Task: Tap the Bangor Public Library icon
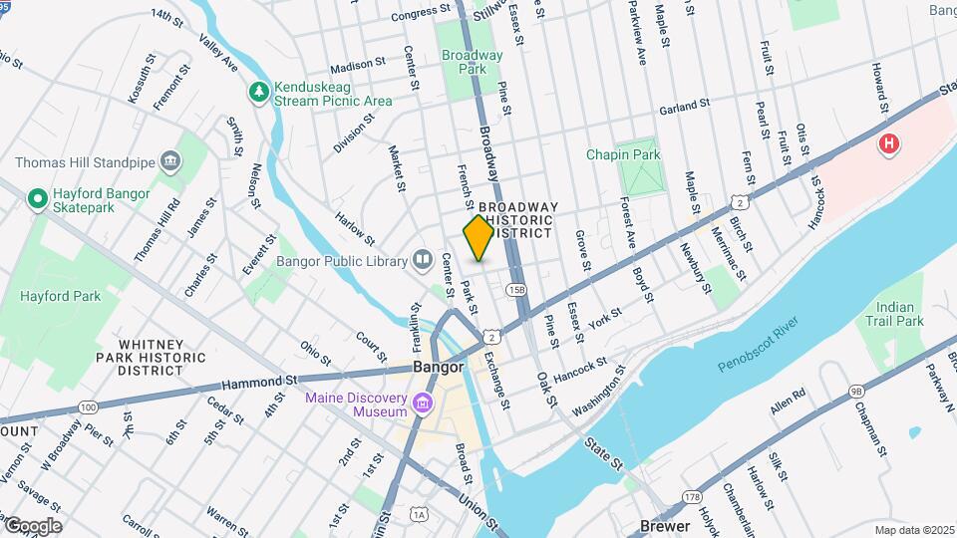[x=423, y=260]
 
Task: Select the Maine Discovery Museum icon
[x=423, y=404]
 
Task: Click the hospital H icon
[x=888, y=145]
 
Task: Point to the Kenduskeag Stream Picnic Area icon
[x=259, y=92]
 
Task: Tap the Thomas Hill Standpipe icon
[x=170, y=161]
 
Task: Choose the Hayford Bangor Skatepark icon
[x=38, y=199]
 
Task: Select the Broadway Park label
[x=473, y=62]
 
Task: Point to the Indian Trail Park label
[x=894, y=314]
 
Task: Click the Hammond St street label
[x=260, y=381]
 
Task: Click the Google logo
[x=32, y=526]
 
